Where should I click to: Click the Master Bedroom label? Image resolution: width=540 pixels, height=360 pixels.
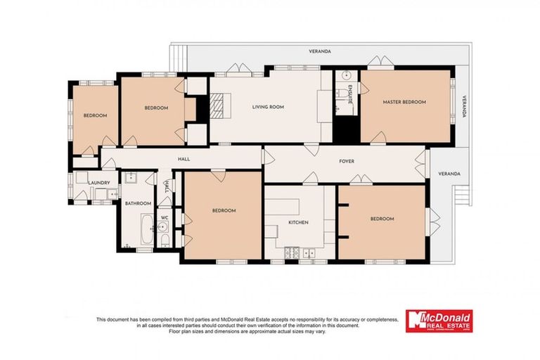[x=404, y=103]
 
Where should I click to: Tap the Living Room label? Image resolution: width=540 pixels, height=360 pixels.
[x=268, y=108]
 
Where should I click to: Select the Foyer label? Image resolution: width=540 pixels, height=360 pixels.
[x=347, y=161]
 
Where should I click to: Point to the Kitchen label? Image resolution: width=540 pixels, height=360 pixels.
[x=299, y=222]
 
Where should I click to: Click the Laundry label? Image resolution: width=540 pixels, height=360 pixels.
[x=99, y=183]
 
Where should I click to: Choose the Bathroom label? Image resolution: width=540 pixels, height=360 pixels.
[x=138, y=204]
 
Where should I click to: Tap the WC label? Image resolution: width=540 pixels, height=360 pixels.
[x=164, y=218]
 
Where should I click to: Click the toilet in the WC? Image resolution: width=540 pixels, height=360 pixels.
[x=164, y=240]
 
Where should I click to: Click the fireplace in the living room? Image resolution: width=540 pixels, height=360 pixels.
[x=219, y=107]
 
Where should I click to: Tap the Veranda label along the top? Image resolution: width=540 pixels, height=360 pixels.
[x=320, y=51]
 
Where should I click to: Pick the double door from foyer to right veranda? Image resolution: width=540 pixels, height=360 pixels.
[x=427, y=164]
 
